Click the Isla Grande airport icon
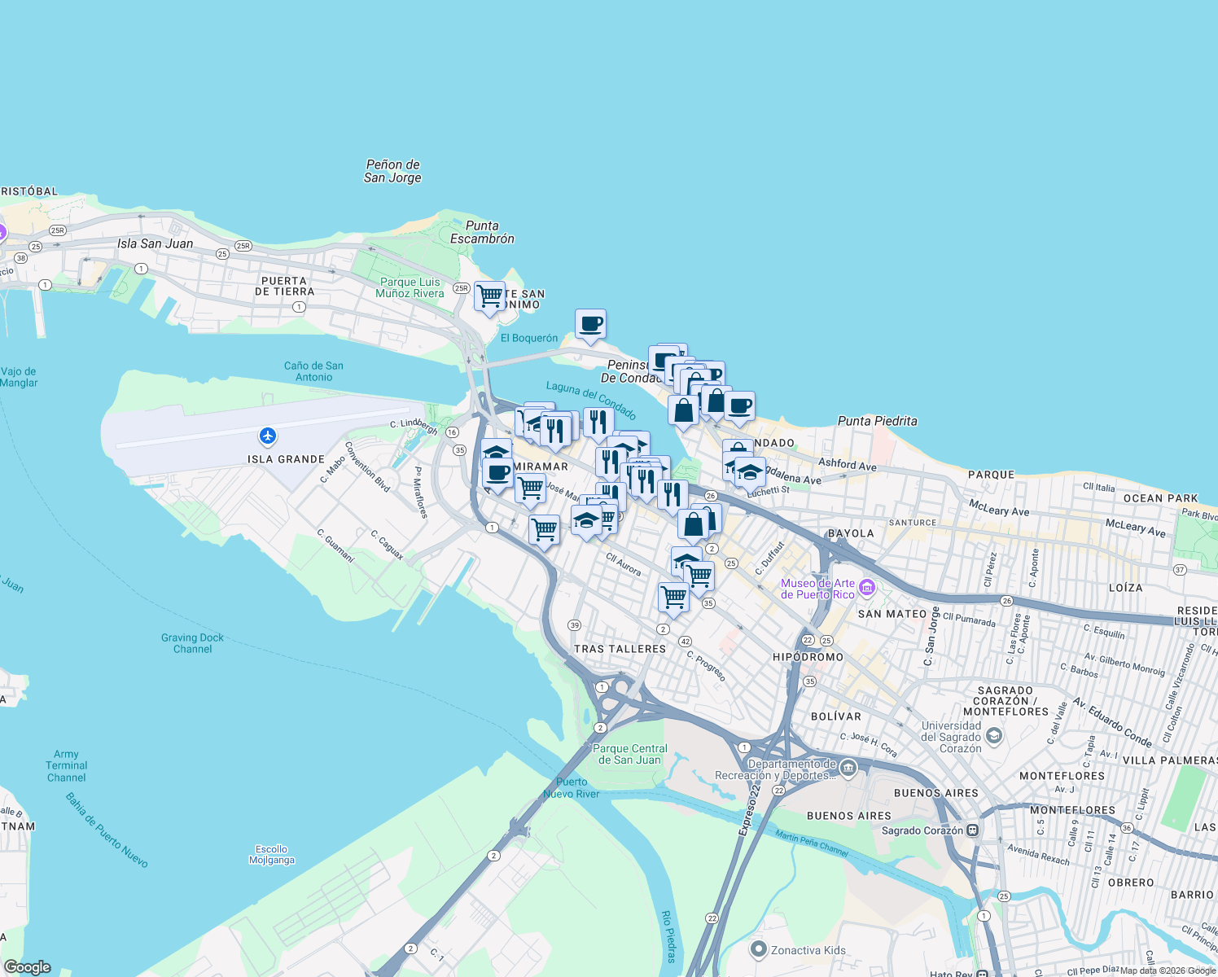[268, 436]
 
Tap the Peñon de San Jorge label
[392, 171]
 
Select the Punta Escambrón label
[482, 232]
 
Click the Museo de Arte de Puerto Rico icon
[867, 588]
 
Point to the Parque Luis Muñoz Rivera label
[410, 287]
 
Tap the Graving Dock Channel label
[192, 643]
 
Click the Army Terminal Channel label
[66, 765]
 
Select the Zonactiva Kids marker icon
[759, 949]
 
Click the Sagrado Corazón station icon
[973, 830]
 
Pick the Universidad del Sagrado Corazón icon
[993, 736]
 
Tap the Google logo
[28, 967]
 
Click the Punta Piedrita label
[877, 421]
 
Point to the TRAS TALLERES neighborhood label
[620, 649]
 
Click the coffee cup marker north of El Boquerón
[590, 324]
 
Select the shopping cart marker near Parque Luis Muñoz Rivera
[489, 296]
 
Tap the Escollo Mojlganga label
[272, 854]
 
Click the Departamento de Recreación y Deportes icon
[848, 768]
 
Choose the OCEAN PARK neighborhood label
[1160, 498]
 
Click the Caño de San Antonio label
[313, 371]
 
